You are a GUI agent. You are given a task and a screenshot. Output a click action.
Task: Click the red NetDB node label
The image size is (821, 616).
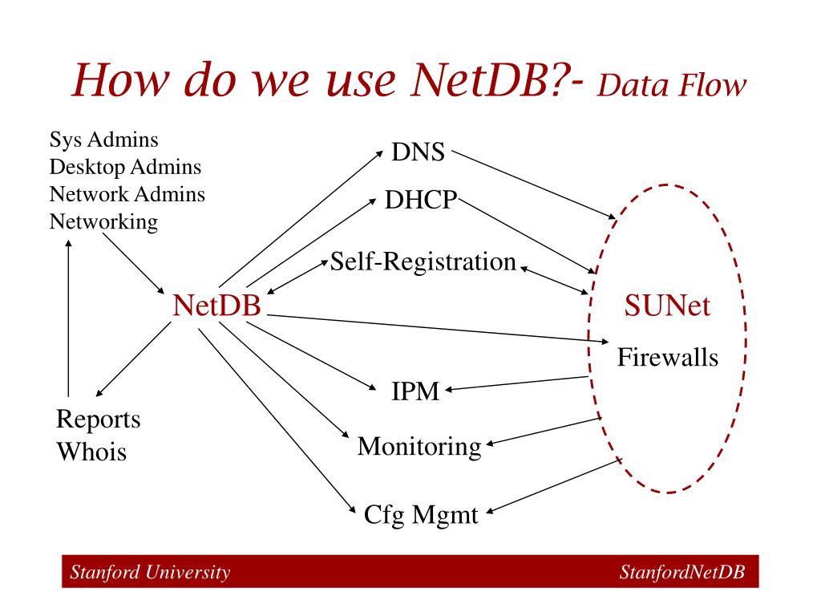coord(218,306)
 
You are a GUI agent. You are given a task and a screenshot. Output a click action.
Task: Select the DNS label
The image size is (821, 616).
coord(419,152)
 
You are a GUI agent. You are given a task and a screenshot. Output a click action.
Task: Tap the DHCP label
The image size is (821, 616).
coord(420,200)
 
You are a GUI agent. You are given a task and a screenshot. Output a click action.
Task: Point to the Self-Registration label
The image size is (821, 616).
coord(423,261)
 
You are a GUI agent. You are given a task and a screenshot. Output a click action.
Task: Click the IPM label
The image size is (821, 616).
coord(415,391)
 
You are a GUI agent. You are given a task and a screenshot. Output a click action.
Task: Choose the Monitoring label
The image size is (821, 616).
coord(419,445)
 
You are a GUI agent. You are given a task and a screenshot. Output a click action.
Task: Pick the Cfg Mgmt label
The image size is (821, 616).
coord(421,513)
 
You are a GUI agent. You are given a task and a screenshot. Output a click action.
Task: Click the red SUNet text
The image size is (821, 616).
coord(667,306)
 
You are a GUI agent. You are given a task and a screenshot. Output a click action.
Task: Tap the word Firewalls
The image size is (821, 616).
coord(667,357)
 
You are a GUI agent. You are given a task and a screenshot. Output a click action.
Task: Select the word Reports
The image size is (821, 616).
coord(98,419)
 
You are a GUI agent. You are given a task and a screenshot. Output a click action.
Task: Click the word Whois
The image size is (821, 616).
coord(91,452)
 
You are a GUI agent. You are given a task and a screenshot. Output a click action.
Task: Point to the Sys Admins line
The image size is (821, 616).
coord(103,140)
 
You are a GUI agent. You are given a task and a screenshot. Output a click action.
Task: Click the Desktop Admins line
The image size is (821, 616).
coord(125,167)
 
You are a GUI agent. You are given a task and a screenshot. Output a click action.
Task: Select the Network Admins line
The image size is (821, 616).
coord(127,194)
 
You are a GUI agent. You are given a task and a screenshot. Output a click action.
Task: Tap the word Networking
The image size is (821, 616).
coord(103,221)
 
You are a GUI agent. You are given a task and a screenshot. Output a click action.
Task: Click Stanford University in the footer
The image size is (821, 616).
coord(150,572)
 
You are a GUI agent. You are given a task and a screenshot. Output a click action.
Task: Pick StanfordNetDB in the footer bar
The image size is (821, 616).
coord(682,572)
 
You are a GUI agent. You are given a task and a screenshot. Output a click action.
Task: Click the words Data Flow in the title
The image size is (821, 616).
coord(672,86)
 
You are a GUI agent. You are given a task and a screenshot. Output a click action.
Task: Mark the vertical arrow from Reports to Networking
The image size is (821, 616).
coord(69,321)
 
